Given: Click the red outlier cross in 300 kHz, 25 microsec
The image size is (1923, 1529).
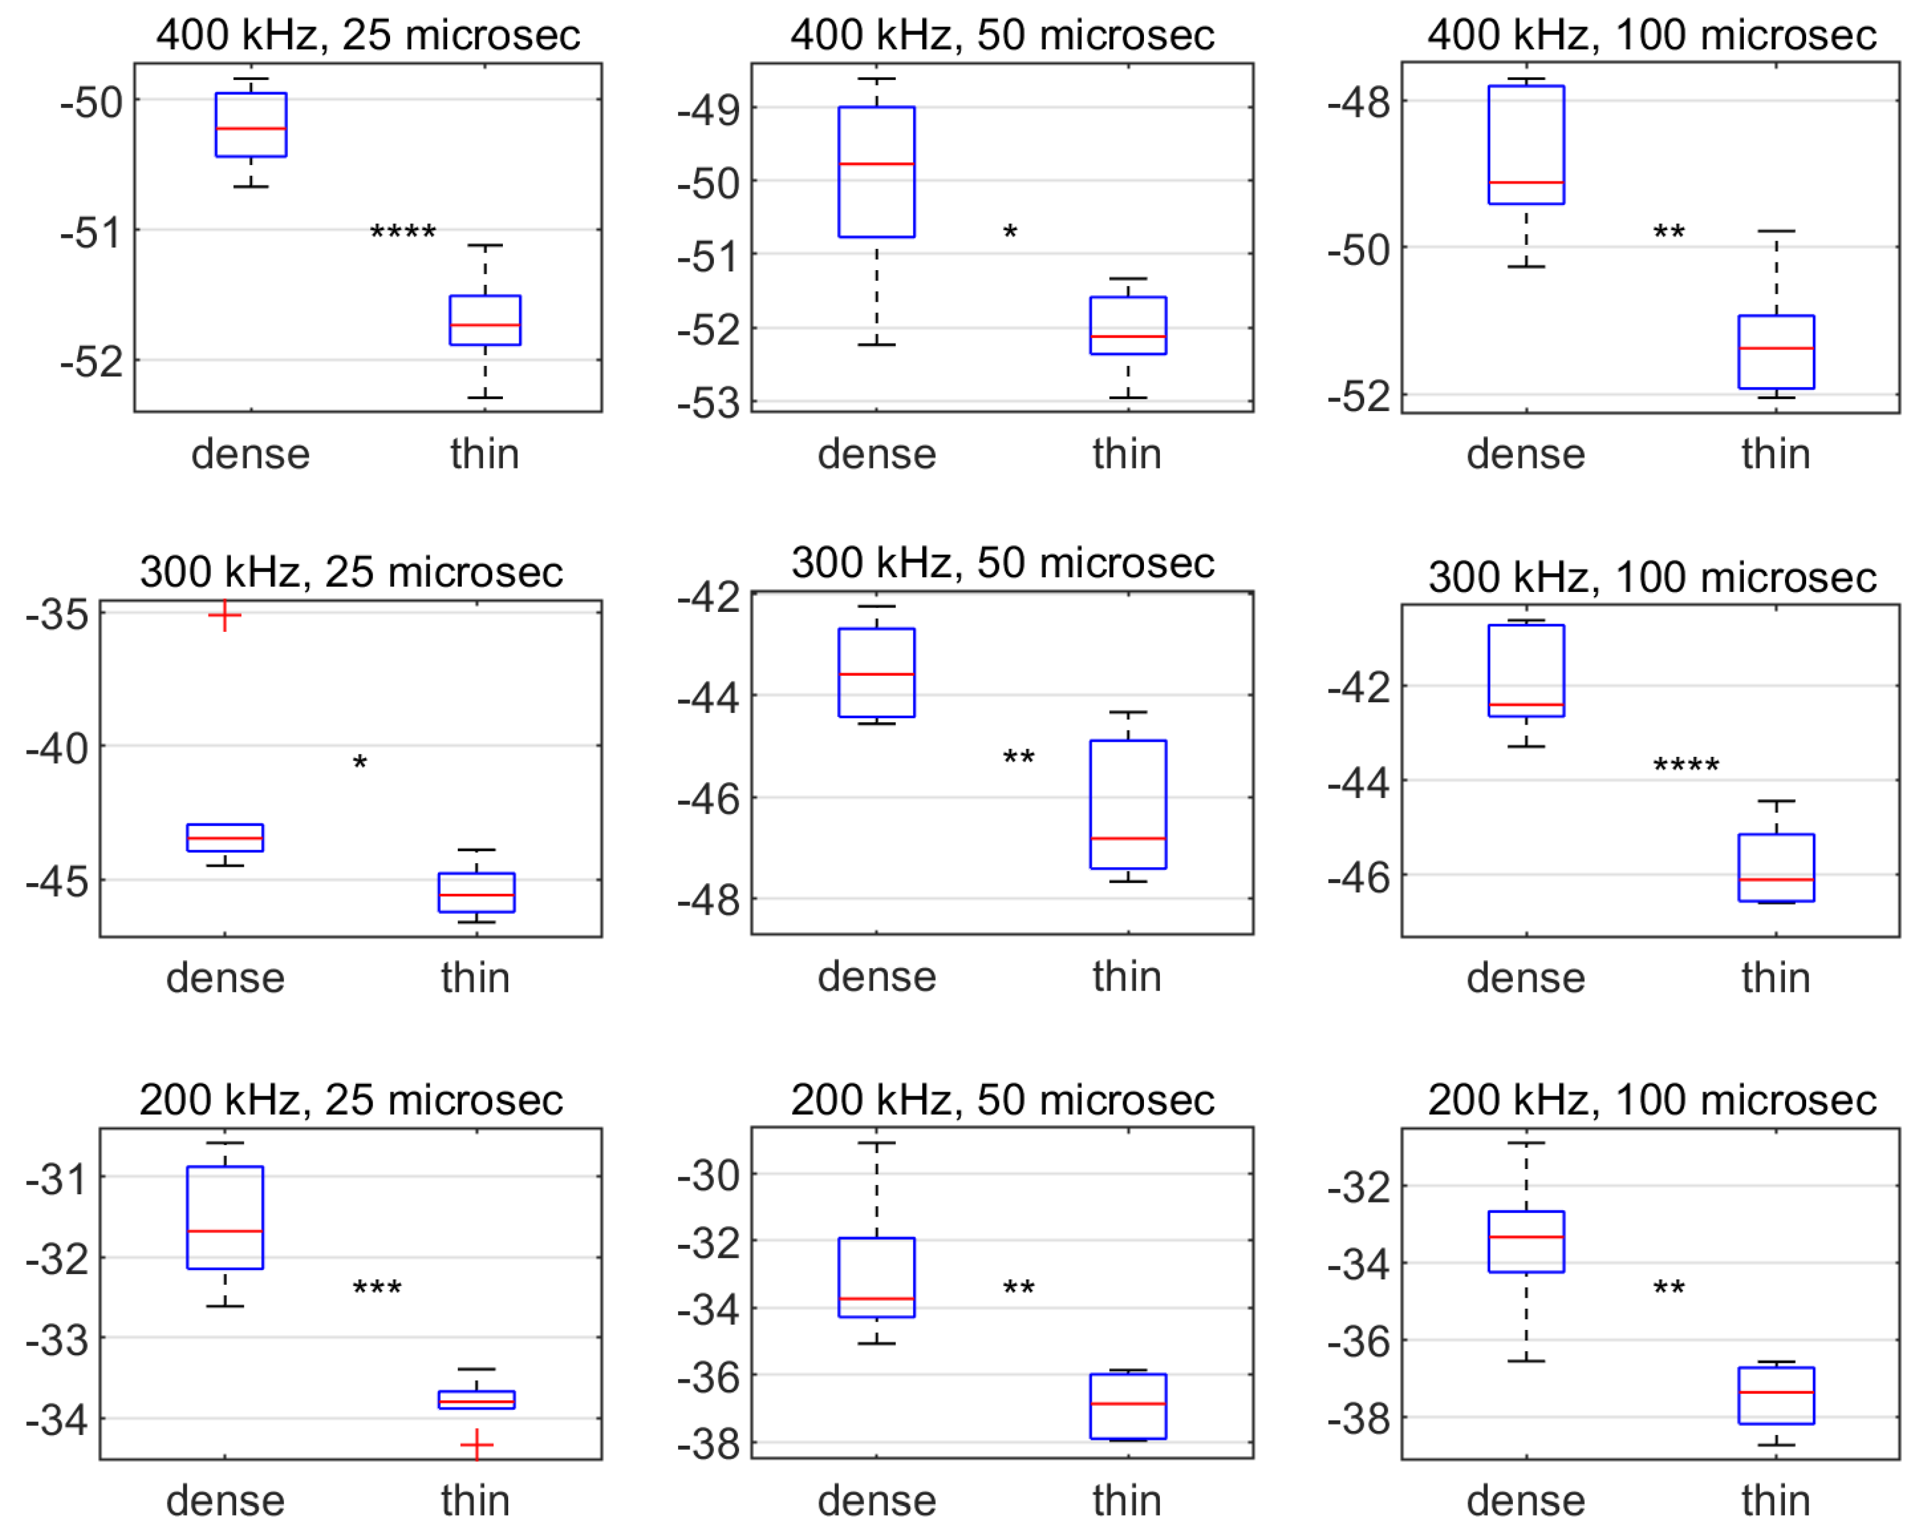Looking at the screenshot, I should tap(225, 615).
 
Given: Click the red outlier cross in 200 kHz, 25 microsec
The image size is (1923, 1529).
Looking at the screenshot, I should tap(476, 1444).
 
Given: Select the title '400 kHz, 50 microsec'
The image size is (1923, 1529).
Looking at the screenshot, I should tap(1002, 36).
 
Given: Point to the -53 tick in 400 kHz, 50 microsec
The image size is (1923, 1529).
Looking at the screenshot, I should tap(709, 404).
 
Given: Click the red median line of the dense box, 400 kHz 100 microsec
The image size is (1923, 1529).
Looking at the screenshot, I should tap(1526, 182).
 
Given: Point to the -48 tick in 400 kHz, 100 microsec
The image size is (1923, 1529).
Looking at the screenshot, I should tap(1358, 103).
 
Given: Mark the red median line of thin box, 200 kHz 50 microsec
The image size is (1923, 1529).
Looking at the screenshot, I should tap(1127, 1403).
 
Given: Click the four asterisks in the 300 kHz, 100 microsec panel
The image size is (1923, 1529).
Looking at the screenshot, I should tap(1686, 765).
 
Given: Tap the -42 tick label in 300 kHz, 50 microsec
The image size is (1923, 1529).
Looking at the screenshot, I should tap(709, 597).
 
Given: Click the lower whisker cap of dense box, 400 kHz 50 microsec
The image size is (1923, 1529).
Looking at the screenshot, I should tap(877, 344).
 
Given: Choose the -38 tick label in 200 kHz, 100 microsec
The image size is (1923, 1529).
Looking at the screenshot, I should tap(1358, 1417).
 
